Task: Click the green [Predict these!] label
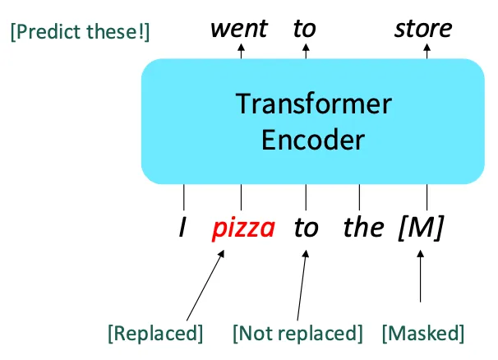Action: pyautogui.click(x=80, y=34)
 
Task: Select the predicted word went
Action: pyautogui.click(x=238, y=29)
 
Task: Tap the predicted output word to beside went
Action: pyautogui.click(x=304, y=29)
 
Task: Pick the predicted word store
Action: pyautogui.click(x=423, y=29)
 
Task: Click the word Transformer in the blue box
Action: pyautogui.click(x=313, y=104)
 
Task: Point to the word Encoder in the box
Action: pyautogui.click(x=312, y=140)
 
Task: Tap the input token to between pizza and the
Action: pyautogui.click(x=306, y=228)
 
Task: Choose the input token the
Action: pyautogui.click(x=362, y=227)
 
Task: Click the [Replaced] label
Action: pyautogui.click(x=155, y=333)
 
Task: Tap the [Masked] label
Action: pyautogui.click(x=422, y=333)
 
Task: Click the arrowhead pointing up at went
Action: pyautogui.click(x=241, y=48)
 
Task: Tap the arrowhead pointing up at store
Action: pyautogui.click(x=427, y=48)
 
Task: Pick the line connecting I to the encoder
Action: pyautogui.click(x=183, y=197)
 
